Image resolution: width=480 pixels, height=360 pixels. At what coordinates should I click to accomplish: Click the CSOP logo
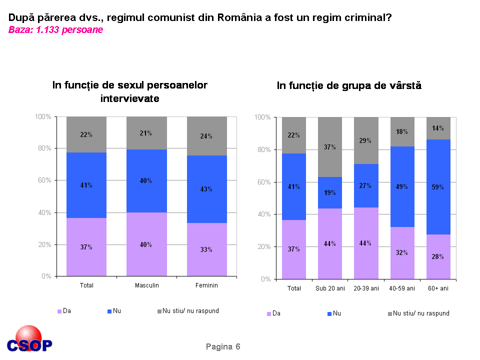[x=29, y=339]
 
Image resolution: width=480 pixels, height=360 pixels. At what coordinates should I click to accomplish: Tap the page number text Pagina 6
[x=223, y=346]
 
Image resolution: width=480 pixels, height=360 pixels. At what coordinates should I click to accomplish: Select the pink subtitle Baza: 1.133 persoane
[x=55, y=30]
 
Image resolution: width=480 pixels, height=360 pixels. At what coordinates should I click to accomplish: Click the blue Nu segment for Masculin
[x=146, y=180]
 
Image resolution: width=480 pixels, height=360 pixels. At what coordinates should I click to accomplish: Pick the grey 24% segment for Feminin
[x=206, y=136]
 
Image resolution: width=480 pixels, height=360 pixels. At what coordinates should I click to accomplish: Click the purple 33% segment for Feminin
[x=206, y=249]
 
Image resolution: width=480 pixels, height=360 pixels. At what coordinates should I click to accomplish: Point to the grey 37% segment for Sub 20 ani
[x=329, y=147]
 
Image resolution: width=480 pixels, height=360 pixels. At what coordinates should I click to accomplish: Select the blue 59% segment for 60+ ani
[x=438, y=186]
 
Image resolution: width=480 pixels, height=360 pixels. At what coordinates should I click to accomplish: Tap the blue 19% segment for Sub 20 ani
[x=329, y=192]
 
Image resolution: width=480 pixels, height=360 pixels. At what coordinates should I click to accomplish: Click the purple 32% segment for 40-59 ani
[x=402, y=252]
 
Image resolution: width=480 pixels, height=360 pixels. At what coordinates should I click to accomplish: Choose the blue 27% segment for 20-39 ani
[x=365, y=185]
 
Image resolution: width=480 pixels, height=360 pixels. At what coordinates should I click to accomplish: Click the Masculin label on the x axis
[x=146, y=285]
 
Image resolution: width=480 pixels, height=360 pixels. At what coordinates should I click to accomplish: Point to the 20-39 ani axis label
[x=365, y=288]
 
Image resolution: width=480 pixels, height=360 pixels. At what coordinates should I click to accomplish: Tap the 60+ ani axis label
[x=438, y=288]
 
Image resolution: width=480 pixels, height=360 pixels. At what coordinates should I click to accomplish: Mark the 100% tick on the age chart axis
[x=262, y=117]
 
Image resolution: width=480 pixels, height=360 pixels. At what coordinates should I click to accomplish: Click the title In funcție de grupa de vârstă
[x=349, y=85]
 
